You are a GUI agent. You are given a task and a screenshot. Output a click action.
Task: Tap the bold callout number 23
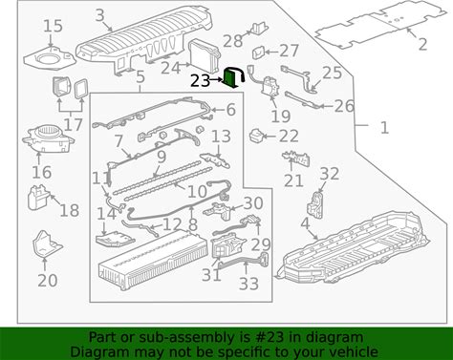tap(201, 81)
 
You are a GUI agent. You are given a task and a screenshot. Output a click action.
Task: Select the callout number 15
tap(53, 26)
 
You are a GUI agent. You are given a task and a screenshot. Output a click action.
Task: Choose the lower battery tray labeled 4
tap(351, 248)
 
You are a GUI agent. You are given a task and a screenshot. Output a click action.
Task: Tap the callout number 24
tap(171, 68)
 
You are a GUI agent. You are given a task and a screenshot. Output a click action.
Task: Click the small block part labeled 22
tap(256, 137)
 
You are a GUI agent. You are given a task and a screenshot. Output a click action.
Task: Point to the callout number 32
tap(329, 174)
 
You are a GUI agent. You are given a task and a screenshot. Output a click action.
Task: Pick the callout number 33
tap(248, 284)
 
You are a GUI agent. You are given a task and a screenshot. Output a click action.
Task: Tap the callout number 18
tap(70, 210)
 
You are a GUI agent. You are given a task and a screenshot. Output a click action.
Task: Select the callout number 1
tap(385, 128)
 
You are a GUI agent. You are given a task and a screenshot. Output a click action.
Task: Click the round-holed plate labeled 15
tap(50, 58)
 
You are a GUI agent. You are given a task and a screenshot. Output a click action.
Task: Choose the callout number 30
tap(253, 203)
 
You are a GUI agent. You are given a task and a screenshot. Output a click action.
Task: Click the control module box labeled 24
tap(205, 54)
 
